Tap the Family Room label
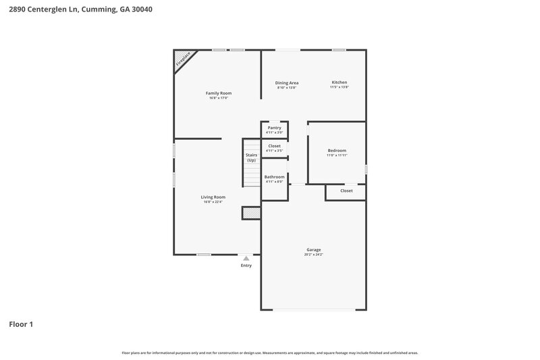[x=218, y=93]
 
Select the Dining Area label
[x=287, y=82]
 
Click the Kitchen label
[x=339, y=82]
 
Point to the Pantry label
[x=274, y=128]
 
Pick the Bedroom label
[x=337, y=150]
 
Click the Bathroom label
[x=274, y=177]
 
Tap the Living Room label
[x=213, y=197]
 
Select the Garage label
[x=313, y=249]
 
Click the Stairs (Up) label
[x=251, y=158]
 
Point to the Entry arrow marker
[x=246, y=258]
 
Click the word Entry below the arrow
[x=246, y=265]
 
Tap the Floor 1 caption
[x=21, y=324]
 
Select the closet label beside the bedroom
[x=346, y=191]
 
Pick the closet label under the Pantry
[x=274, y=146]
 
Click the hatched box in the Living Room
[x=251, y=213]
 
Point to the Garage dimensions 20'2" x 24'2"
[x=313, y=255]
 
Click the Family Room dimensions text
[x=218, y=98]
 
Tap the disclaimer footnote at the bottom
[x=270, y=353]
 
